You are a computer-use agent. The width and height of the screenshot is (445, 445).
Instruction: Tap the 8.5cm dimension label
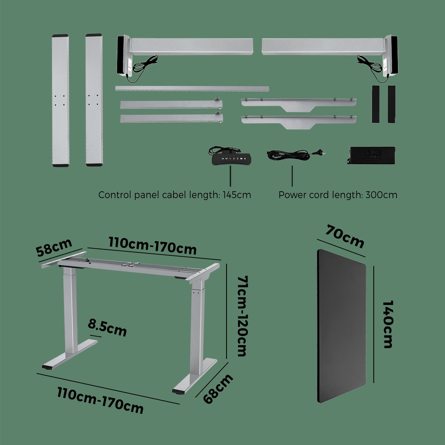click(x=107, y=328)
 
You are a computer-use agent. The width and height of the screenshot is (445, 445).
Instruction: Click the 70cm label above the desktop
click(x=345, y=237)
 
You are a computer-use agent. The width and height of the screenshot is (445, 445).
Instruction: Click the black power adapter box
click(x=372, y=155)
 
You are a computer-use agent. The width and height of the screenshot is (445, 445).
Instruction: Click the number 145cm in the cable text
click(x=237, y=195)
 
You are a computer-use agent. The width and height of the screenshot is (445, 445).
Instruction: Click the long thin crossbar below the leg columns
click(x=192, y=89)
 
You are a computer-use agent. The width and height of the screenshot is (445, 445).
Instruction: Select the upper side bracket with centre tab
click(x=299, y=103)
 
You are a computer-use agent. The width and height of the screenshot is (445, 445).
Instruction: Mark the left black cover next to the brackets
click(x=375, y=104)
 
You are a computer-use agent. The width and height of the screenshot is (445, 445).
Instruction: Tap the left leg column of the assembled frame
click(x=68, y=311)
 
